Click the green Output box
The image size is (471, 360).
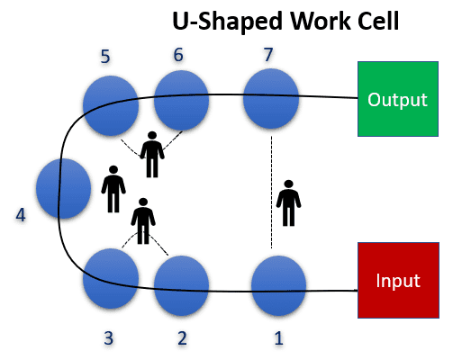pyautogui.click(x=397, y=99)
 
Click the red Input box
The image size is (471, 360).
pyautogui.click(x=397, y=280)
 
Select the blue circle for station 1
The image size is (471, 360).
pyautogui.click(x=278, y=286)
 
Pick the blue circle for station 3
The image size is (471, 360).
pyautogui.click(x=110, y=279)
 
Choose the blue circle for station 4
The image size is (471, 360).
pyautogui.click(x=63, y=189)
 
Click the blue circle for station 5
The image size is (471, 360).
pyautogui.click(x=110, y=105)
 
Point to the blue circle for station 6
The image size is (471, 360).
pyautogui.click(x=182, y=102)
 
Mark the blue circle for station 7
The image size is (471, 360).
pyautogui.click(x=270, y=98)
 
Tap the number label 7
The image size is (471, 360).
pyautogui.click(x=267, y=53)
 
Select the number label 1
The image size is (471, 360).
pyautogui.click(x=278, y=338)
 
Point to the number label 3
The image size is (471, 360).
pyautogui.click(x=108, y=338)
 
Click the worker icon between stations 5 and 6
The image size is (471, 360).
pyautogui.click(x=152, y=154)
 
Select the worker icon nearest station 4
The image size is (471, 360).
pyautogui.click(x=113, y=188)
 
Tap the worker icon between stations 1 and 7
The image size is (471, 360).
pyautogui.click(x=287, y=202)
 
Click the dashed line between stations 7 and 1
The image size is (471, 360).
pyautogui.click(x=271, y=189)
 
